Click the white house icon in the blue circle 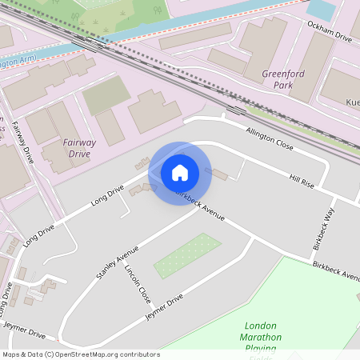point(180,172)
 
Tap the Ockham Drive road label point(330,32)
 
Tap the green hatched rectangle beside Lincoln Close point(187,256)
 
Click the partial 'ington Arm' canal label point(20,62)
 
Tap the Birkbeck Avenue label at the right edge point(335,270)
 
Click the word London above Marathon point(260,326)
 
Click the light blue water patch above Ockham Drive point(322,10)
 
